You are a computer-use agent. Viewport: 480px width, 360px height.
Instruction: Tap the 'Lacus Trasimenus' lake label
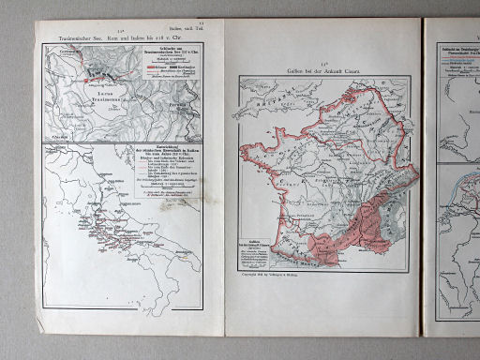click(x=102, y=93)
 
